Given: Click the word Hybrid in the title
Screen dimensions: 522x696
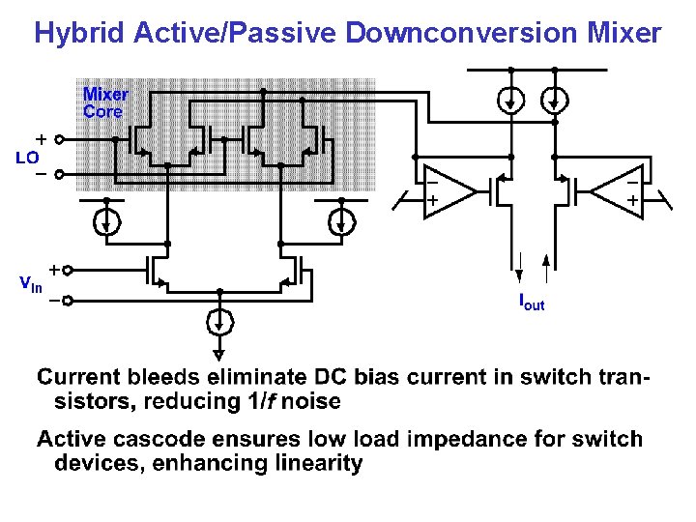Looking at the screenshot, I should pos(80,34).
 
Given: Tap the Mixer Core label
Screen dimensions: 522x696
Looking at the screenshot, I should pos(104,102).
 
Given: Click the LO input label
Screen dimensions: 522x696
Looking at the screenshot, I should pos(27,157).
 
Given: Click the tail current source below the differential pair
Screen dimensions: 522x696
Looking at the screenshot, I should pos(221,320).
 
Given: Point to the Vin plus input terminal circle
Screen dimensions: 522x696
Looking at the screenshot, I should pos(69,271).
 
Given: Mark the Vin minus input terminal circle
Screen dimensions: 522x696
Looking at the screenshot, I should pos(69,301).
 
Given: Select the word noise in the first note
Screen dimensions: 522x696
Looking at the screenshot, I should pos(308,400).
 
